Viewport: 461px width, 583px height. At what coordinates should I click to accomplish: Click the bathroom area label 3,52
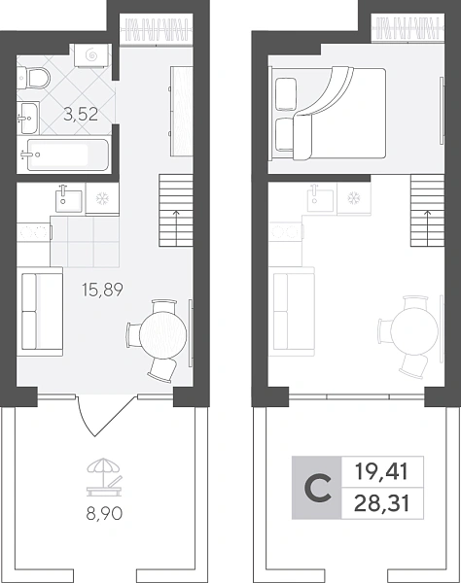[81, 114]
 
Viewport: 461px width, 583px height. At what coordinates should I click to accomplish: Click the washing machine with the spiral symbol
[91, 55]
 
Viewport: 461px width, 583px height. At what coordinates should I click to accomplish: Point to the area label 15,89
[102, 290]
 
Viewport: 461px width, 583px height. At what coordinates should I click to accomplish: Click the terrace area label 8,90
[104, 514]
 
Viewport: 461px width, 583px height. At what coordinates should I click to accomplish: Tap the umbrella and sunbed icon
[104, 477]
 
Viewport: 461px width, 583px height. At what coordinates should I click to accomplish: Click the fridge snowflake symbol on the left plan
[101, 199]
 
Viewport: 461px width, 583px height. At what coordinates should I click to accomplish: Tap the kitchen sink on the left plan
[68, 200]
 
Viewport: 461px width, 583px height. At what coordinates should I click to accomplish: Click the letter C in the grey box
[317, 488]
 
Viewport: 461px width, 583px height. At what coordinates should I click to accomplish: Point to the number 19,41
[382, 472]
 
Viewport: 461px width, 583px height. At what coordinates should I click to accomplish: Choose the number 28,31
[382, 503]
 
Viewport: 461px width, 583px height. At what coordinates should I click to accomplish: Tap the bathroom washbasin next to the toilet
[28, 118]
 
